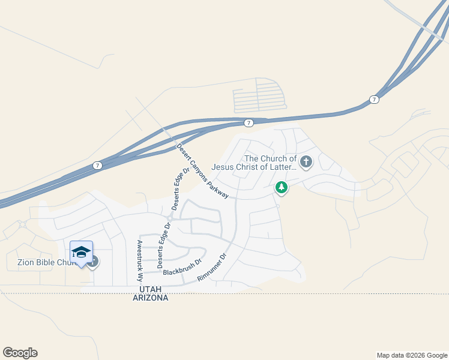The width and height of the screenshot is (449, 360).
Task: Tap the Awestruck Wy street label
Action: [x=139, y=261]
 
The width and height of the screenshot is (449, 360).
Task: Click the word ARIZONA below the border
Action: [x=150, y=298]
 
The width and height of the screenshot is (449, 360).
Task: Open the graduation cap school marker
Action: [x=81, y=252]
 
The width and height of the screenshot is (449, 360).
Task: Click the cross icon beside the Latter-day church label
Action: [x=306, y=161]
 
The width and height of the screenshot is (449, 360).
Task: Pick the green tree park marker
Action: [x=281, y=187]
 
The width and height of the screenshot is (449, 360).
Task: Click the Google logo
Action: [x=20, y=353]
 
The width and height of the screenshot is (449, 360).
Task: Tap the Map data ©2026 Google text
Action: [x=412, y=355]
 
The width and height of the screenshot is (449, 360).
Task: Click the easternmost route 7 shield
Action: [x=374, y=99]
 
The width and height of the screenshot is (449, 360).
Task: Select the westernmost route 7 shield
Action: [x=97, y=165]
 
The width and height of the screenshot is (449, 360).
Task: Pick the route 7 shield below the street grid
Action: [x=248, y=123]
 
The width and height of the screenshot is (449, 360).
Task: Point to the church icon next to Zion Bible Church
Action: [x=92, y=262]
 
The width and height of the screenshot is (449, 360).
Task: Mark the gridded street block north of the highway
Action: [x=258, y=95]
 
